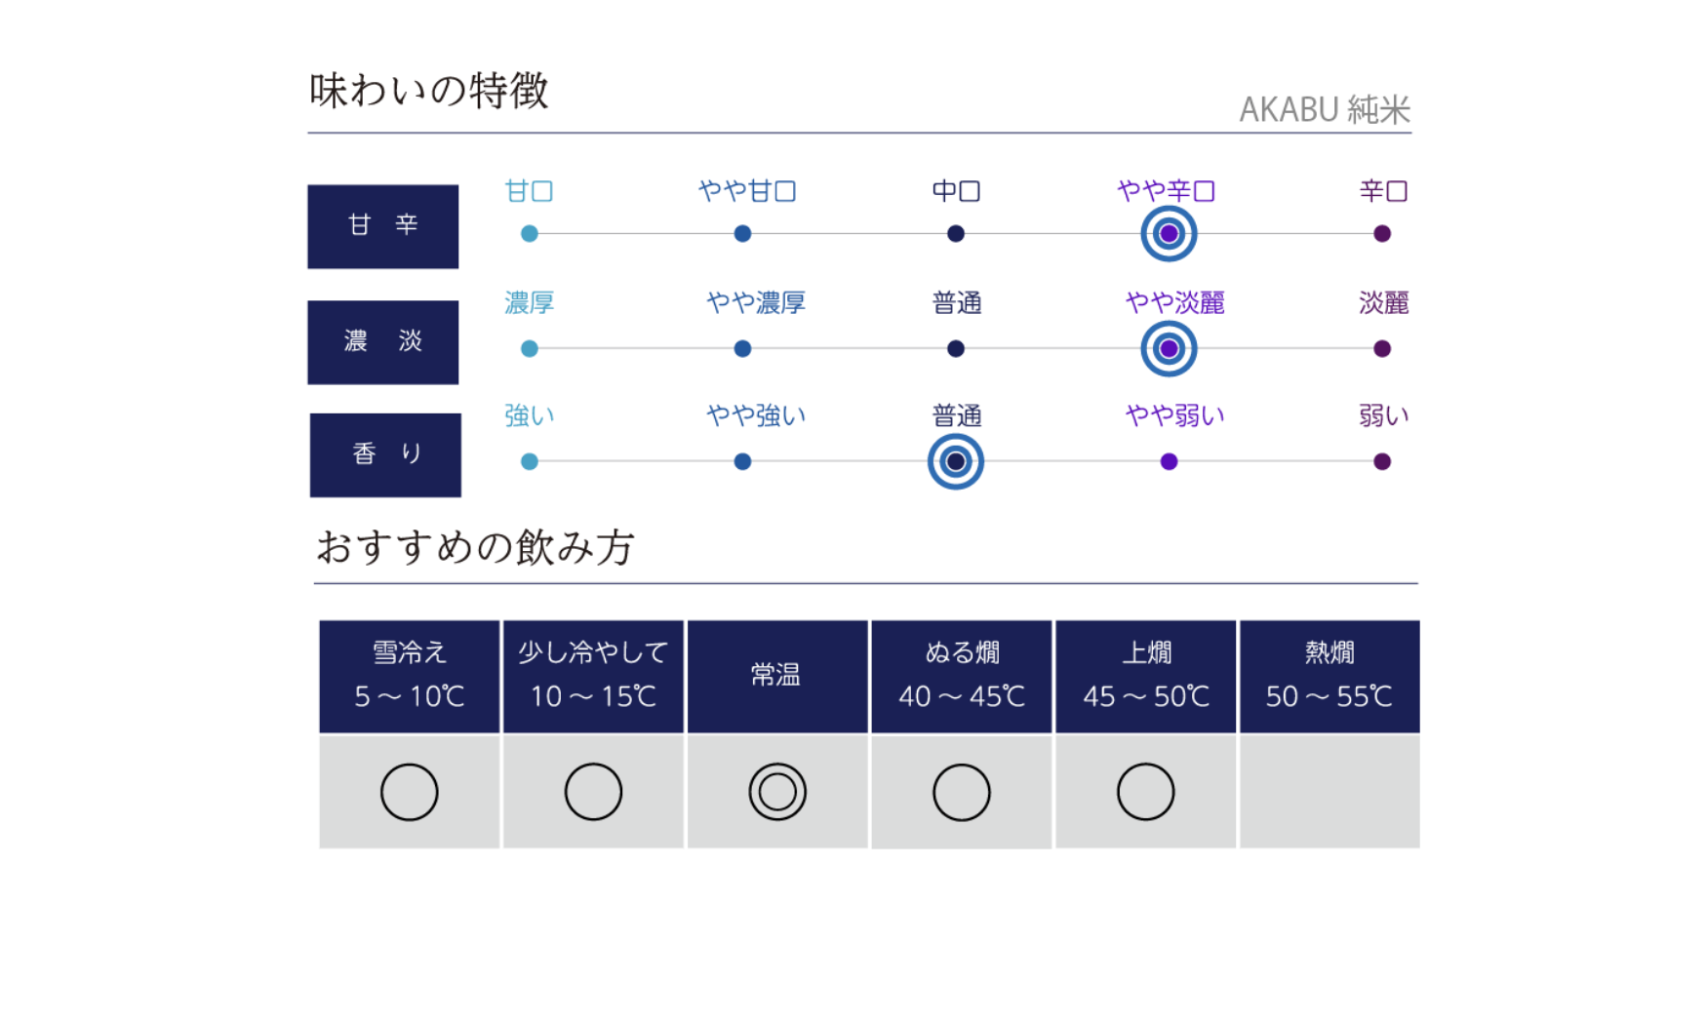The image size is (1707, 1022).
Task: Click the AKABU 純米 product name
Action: (x=1325, y=109)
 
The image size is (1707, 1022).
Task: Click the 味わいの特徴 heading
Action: (x=429, y=91)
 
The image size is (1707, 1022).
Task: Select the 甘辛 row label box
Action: (x=383, y=226)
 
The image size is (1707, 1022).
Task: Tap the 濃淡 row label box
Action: (x=383, y=342)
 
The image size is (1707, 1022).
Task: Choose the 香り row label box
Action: (x=385, y=455)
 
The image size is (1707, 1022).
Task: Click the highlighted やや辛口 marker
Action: (x=1169, y=234)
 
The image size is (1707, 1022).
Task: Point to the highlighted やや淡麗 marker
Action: (x=1169, y=349)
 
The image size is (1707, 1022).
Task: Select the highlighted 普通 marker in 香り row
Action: (x=956, y=462)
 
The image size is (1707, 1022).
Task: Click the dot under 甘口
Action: (x=530, y=234)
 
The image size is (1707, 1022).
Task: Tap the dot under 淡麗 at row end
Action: (x=1382, y=349)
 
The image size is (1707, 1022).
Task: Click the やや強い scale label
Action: (x=756, y=416)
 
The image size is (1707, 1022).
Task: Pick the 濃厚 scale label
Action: (x=530, y=303)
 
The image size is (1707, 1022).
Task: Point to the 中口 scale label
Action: (x=956, y=191)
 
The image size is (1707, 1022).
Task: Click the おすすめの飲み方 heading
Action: (x=475, y=547)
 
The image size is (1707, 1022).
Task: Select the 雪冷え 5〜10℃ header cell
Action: (x=410, y=676)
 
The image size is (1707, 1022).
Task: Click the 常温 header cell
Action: (x=777, y=676)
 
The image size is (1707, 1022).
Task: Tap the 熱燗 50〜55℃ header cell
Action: (x=1330, y=676)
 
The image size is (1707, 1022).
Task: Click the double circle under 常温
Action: (x=777, y=764)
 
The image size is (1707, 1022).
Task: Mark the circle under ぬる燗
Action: (x=962, y=764)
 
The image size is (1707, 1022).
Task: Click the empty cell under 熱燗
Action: (x=1330, y=792)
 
